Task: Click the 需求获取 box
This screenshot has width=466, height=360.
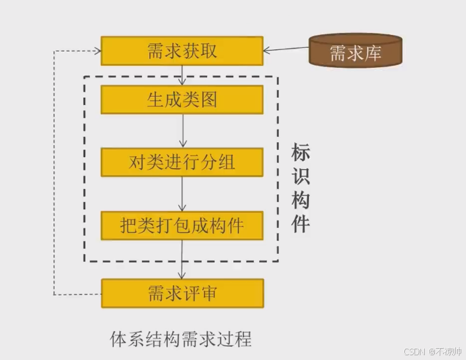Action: (182, 51)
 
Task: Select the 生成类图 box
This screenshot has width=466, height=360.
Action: (182, 100)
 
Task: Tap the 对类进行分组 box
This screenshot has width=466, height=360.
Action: (182, 162)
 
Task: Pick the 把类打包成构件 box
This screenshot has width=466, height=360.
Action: (182, 226)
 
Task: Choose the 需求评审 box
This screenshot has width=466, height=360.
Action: (182, 293)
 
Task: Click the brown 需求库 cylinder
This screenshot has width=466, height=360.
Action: (355, 50)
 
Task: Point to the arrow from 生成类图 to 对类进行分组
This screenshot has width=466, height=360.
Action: (182, 131)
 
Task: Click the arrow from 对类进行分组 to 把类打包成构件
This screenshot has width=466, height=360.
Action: (182, 194)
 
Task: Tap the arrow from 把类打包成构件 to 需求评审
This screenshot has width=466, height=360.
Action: (182, 259)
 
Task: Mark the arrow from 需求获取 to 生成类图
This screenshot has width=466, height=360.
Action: (182, 74)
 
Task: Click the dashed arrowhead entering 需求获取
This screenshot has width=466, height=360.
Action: (97, 50)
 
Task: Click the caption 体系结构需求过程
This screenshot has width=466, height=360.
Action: (181, 339)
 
